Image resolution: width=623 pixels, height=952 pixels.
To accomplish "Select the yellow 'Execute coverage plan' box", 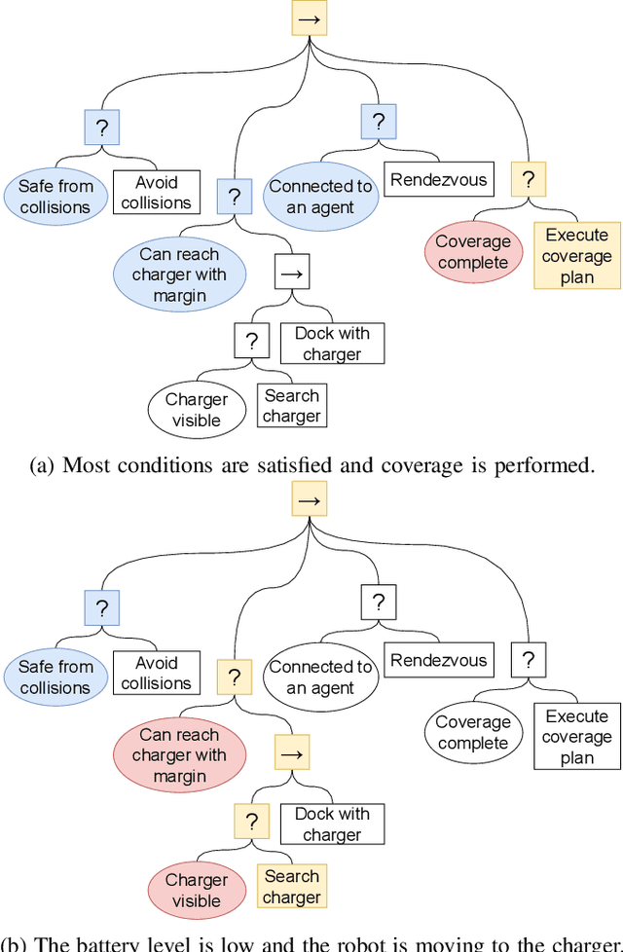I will [576, 256].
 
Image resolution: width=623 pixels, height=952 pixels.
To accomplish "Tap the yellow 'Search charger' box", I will [291, 887].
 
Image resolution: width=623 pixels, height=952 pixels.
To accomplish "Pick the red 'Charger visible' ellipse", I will [196, 890].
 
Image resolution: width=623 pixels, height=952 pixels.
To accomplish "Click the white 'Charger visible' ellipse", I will [196, 410].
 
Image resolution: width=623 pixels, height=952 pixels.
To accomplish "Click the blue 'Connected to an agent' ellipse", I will [320, 197].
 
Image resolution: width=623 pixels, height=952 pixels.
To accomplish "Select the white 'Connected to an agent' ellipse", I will [320, 677].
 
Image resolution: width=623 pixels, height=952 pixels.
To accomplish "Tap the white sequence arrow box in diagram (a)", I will [292, 274].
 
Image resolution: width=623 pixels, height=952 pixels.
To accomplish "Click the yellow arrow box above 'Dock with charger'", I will [292, 753].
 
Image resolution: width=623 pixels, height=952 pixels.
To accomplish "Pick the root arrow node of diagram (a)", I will [309, 18].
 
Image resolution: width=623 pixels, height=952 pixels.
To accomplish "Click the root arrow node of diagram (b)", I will [309, 498].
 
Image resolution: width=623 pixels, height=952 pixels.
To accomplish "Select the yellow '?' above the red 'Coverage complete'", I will [529, 179].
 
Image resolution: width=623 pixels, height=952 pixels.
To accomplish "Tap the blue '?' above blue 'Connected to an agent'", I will [378, 122].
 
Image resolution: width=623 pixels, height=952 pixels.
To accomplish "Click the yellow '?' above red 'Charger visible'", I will [251, 821].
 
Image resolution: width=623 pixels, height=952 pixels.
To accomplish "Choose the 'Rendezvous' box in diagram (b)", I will [438, 661].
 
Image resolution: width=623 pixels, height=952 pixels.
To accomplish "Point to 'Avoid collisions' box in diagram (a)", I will [157, 193].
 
